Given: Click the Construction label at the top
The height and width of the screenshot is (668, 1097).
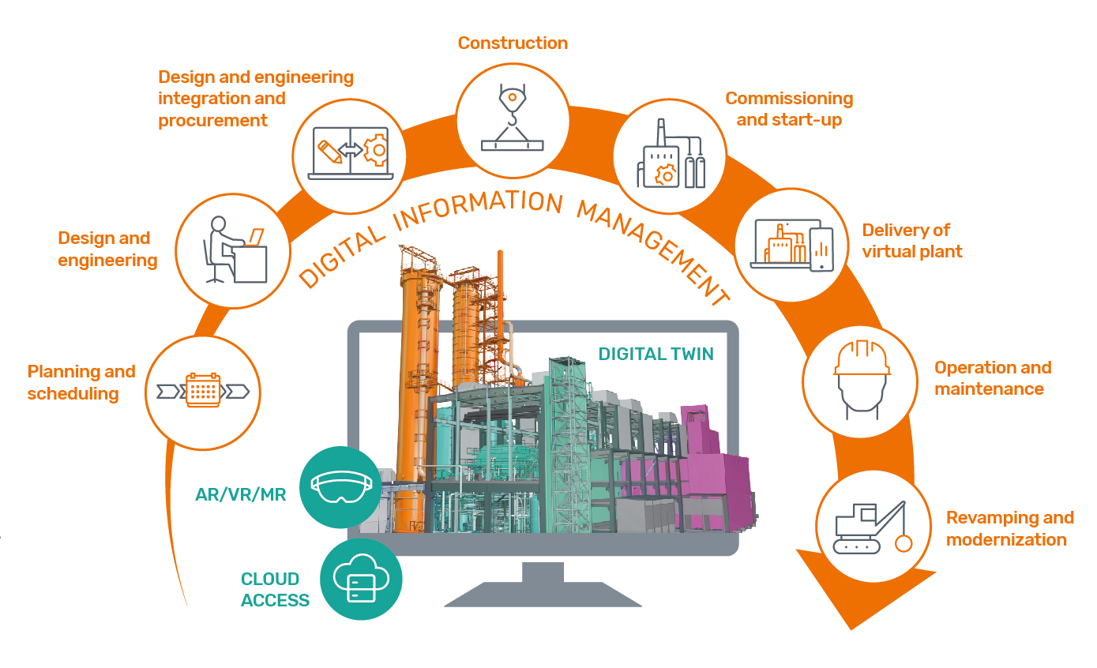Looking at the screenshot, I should (x=513, y=43).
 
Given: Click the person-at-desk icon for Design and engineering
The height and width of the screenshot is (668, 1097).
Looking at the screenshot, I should (x=232, y=252).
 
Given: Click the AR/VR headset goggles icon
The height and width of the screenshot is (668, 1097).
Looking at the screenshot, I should (x=340, y=486).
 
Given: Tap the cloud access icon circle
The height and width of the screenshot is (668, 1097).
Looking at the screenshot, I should (x=362, y=580).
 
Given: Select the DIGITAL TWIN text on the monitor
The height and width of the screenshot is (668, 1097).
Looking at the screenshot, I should (x=656, y=354).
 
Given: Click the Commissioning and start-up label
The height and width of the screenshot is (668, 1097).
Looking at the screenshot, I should (x=789, y=109).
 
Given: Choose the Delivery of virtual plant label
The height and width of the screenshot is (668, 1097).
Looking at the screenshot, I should (x=912, y=241).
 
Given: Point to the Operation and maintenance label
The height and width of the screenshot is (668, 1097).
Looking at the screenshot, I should (x=992, y=378).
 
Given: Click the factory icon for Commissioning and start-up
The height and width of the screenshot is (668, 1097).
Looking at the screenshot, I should (x=671, y=154).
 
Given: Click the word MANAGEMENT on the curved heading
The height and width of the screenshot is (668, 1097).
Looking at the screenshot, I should (x=652, y=252).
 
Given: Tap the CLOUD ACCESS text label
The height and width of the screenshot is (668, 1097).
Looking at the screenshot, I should (x=275, y=590).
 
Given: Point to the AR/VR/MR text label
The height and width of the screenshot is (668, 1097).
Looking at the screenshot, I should (x=240, y=495).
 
